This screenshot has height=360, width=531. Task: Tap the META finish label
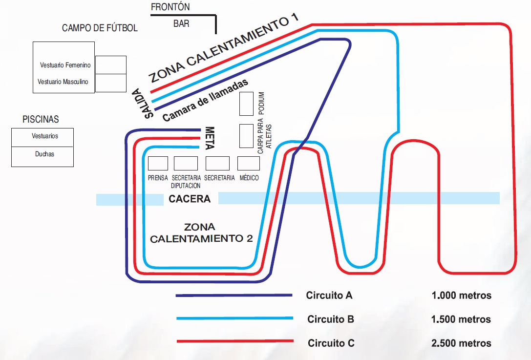pyautogui.click(x=210, y=138)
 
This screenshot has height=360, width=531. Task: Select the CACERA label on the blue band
pyautogui.click(x=190, y=199)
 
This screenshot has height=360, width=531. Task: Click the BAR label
pyautogui.click(x=181, y=23)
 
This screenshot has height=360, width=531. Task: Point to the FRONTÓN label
pyautogui.click(x=170, y=7)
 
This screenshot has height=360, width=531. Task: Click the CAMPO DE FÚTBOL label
pyautogui.click(x=100, y=28)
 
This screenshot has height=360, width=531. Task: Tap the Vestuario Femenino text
pyautogui.click(x=65, y=65)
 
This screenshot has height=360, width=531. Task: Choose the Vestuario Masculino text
pyautogui.click(x=63, y=82)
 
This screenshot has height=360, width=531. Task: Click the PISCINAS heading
pyautogui.click(x=41, y=119)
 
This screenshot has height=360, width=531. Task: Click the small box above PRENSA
pyautogui.click(x=158, y=163)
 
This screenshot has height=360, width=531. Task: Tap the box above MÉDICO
pyautogui.click(x=248, y=163)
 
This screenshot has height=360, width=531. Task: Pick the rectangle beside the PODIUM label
pyautogui.click(x=246, y=104)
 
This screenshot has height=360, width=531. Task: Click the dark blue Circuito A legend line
pyautogui.click(x=234, y=296)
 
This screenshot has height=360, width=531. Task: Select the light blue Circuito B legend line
pyautogui.click(x=234, y=318)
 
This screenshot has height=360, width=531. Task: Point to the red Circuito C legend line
pyautogui.click(x=234, y=341)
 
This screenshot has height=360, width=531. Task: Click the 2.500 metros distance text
pyautogui.click(x=462, y=343)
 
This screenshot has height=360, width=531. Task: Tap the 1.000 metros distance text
pyautogui.click(x=462, y=296)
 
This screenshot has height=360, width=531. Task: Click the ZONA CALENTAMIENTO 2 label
pyautogui.click(x=201, y=233)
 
